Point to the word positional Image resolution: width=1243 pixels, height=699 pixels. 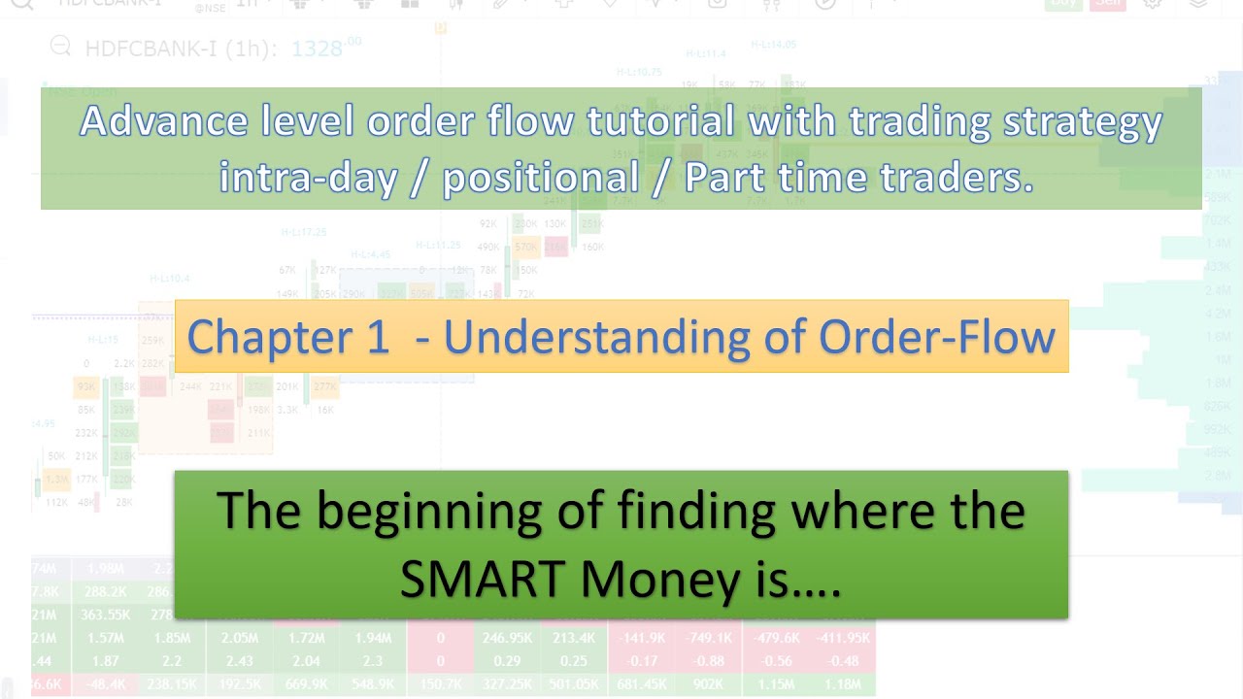tap(540, 178)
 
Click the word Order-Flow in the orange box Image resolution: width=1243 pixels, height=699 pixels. tap(936, 337)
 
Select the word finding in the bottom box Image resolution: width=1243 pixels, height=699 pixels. tap(720, 511)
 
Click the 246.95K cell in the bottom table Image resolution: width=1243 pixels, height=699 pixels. tap(508, 638)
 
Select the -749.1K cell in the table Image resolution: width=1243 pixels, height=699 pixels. tap(708, 638)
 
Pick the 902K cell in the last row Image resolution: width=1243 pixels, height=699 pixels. tap(708, 684)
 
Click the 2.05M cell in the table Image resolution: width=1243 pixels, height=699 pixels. tap(239, 638)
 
